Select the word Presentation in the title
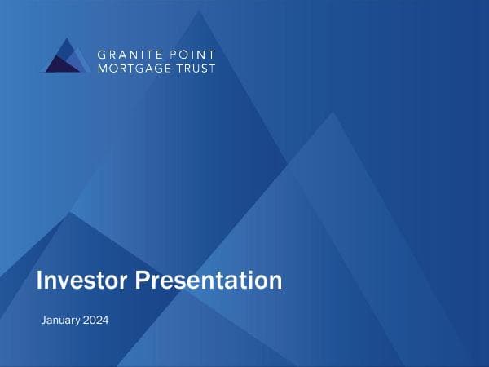pos(208,281)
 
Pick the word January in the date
pos(60,320)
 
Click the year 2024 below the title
pos(95,320)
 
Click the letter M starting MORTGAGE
pos(103,69)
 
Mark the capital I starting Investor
pos(39,281)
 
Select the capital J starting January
pos(43,320)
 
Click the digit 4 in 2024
pos(105,320)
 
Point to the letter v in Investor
pos(61,282)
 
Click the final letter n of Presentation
pos(275,282)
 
